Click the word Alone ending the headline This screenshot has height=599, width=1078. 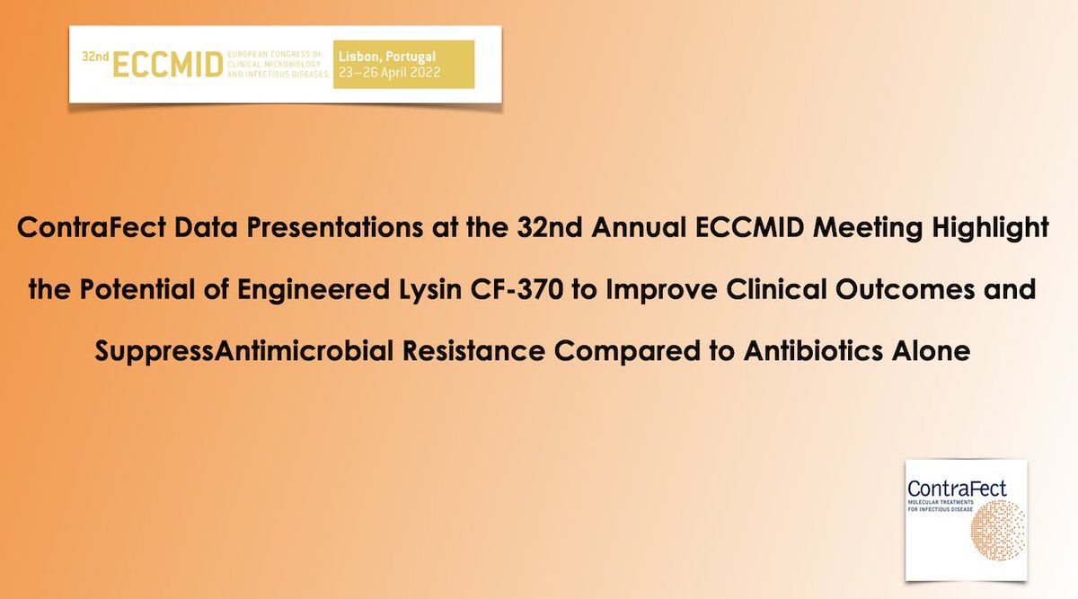(931, 351)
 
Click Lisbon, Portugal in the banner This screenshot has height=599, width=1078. (387, 57)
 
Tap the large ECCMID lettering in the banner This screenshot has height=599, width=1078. (166, 65)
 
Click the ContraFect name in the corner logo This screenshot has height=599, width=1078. (957, 489)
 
